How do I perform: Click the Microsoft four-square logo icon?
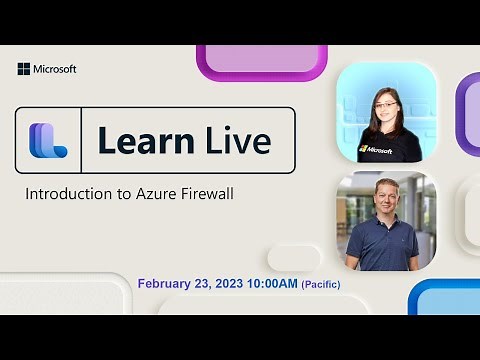(x=23, y=69)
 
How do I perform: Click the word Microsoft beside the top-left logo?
(x=55, y=69)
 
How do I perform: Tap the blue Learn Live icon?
(x=47, y=141)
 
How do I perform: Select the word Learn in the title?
(x=138, y=141)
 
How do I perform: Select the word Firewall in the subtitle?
(x=204, y=193)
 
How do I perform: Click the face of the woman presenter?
(x=386, y=104)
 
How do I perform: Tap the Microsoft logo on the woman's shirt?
(x=376, y=150)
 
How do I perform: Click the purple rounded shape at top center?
(x=262, y=60)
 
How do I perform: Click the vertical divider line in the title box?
(x=84, y=141)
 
